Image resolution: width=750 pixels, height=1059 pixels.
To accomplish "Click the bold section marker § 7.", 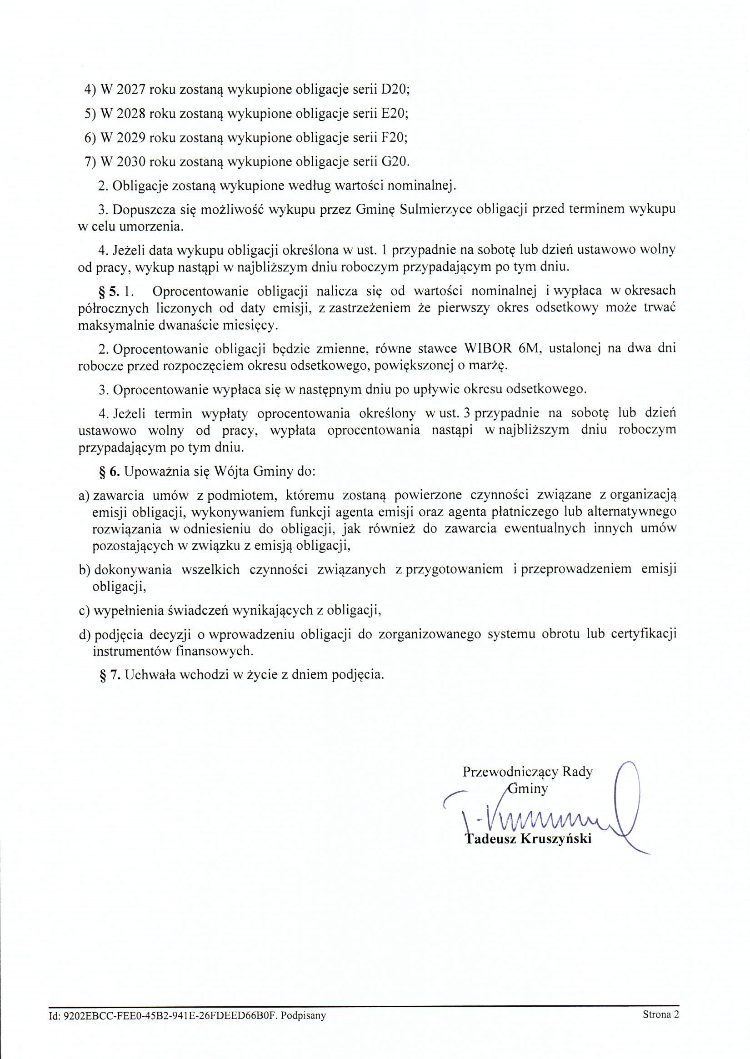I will pos(110,675).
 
